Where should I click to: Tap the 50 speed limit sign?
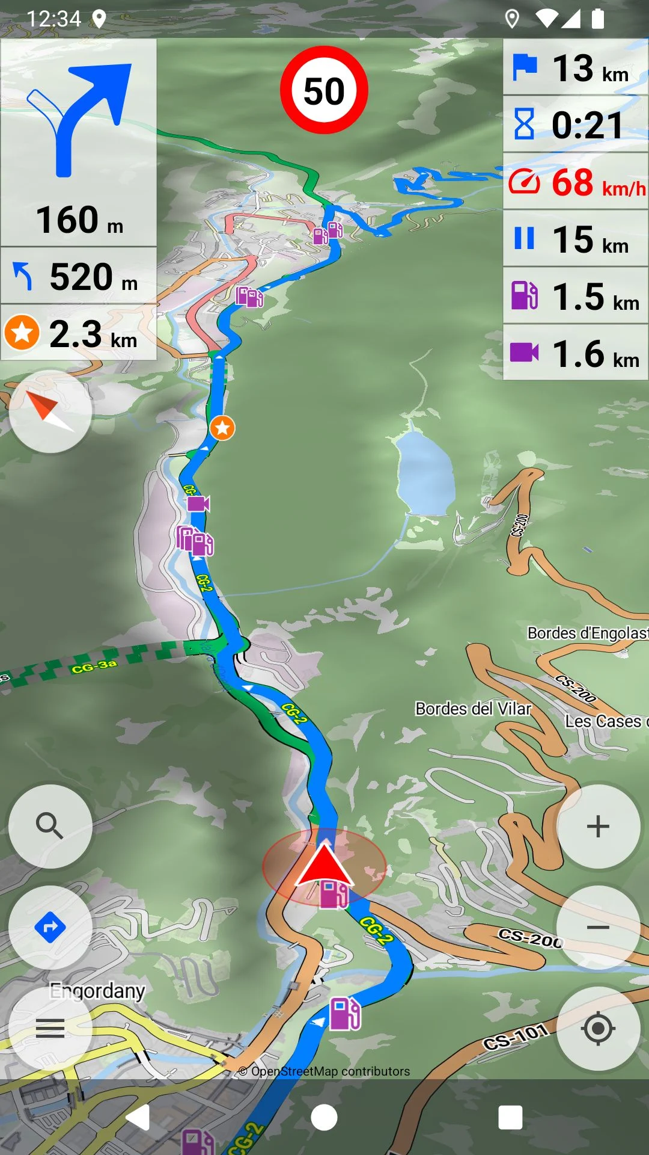324,90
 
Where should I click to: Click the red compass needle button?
50,411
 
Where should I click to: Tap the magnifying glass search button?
50,826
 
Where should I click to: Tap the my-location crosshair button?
598,1028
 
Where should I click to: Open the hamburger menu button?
50,1028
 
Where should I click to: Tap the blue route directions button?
50,927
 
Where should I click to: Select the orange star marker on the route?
222,428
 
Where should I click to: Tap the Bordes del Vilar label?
473,709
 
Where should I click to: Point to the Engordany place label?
97,990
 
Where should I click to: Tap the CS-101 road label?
516,1036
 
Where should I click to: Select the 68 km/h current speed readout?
576,182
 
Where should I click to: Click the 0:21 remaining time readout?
576,125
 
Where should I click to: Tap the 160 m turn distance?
79,220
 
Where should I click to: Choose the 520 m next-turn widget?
79,276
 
